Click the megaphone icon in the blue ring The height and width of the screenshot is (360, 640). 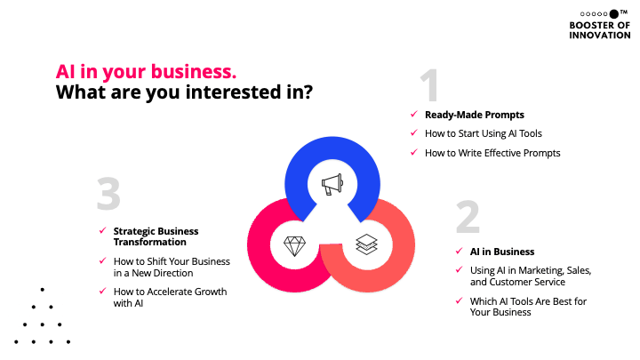pyautogui.click(x=331, y=184)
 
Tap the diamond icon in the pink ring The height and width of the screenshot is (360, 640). pyautogui.click(x=294, y=245)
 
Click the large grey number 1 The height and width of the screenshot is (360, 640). pyautogui.click(x=430, y=87)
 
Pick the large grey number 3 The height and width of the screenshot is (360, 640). pyautogui.click(x=108, y=196)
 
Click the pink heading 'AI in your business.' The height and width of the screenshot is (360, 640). pyautogui.click(x=146, y=71)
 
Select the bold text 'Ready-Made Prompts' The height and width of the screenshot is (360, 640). pyautogui.click(x=474, y=115)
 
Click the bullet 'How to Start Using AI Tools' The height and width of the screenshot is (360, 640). pyautogui.click(x=483, y=133)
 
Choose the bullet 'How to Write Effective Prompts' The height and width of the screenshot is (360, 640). pyautogui.click(x=492, y=153)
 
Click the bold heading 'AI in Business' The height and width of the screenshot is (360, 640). pyautogui.click(x=502, y=252)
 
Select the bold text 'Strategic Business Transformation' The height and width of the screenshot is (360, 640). pyautogui.click(x=156, y=236)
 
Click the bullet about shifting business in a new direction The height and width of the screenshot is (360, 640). pyautogui.click(x=172, y=267)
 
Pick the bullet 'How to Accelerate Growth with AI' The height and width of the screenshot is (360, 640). pyautogui.click(x=170, y=297)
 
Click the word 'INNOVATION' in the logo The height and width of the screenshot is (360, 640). pyautogui.click(x=599, y=36)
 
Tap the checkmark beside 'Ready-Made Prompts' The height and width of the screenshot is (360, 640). pyautogui.click(x=412, y=115)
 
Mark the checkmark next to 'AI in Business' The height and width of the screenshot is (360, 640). pyautogui.click(x=459, y=252)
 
